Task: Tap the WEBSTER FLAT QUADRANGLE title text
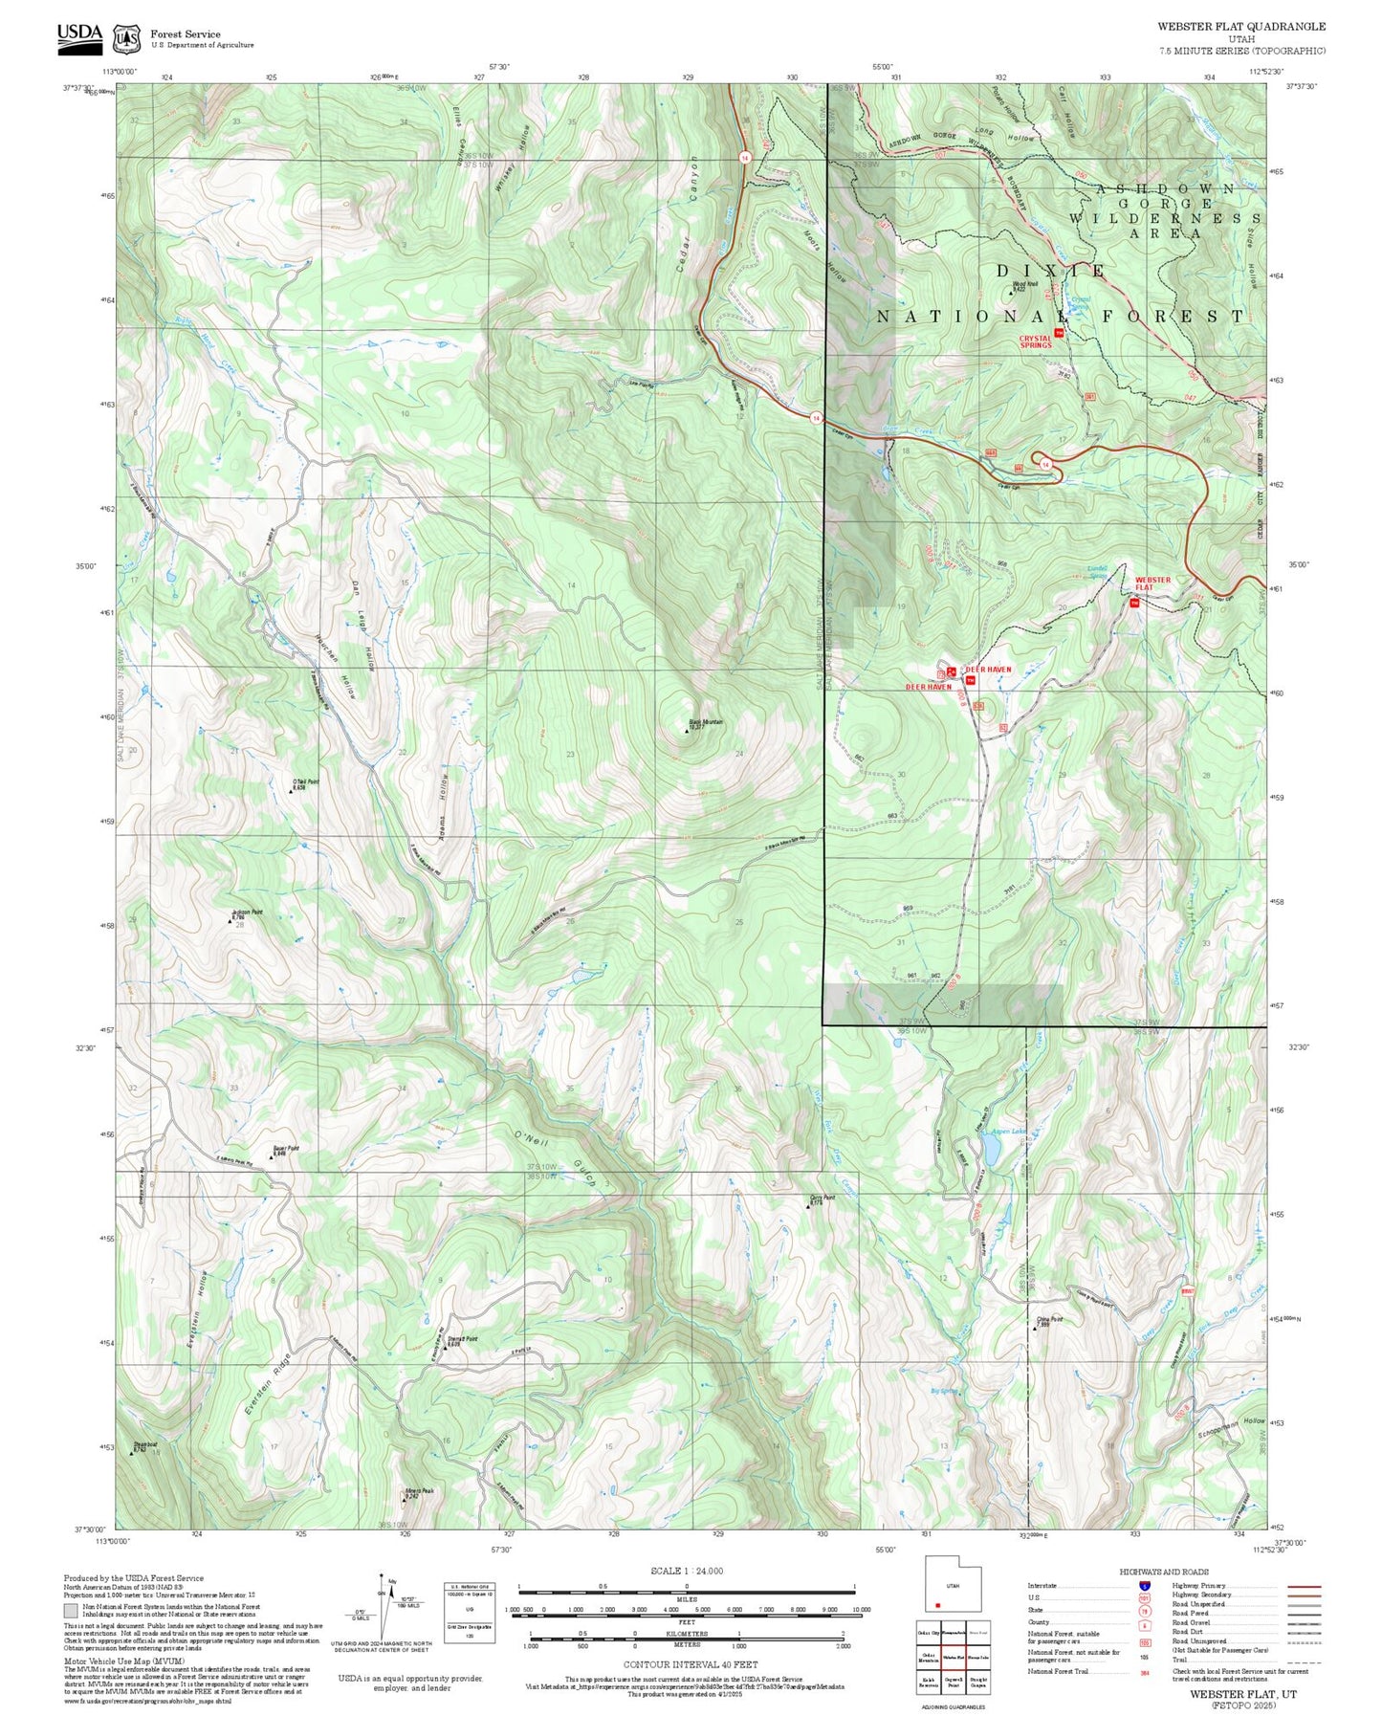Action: coord(1240,27)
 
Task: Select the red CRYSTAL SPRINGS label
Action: coord(1036,341)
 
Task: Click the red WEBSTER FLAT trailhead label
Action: coord(1152,583)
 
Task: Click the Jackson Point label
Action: coord(247,914)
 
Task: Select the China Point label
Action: coord(1049,1322)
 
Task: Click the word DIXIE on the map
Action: coord(1050,272)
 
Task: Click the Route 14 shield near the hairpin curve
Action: coord(1046,464)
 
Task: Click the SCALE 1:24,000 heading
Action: coord(687,1571)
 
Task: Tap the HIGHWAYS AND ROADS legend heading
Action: coord(1164,1572)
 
